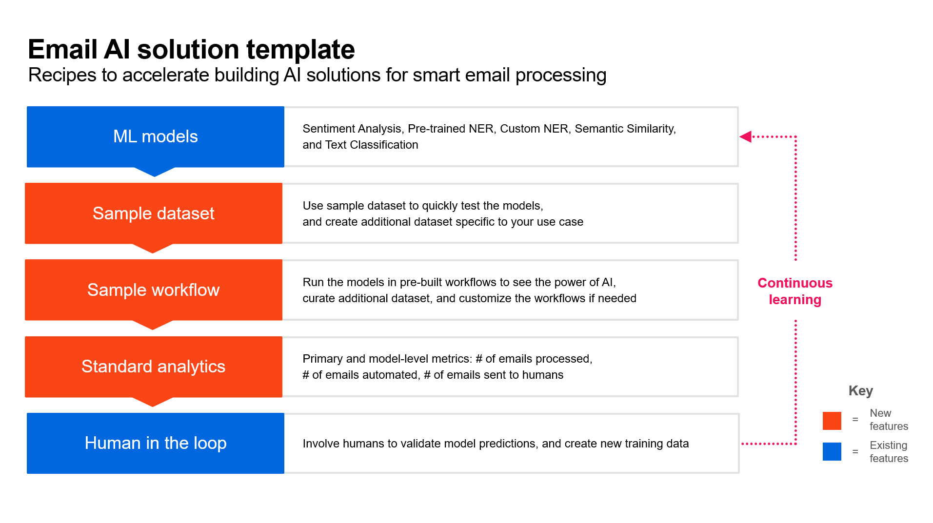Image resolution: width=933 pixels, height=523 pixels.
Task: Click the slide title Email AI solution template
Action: (191, 49)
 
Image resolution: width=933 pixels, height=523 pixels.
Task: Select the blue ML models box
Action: (156, 137)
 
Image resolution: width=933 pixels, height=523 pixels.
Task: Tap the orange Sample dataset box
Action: (154, 213)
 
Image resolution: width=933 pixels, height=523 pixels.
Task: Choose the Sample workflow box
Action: (154, 290)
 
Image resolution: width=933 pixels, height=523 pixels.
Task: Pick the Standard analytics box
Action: (154, 367)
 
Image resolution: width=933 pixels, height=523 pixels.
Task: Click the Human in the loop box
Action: (156, 443)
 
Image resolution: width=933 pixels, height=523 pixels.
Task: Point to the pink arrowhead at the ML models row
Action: (745, 136)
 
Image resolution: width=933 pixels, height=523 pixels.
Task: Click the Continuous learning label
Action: (795, 291)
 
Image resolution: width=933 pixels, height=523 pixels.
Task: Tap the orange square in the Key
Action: (832, 421)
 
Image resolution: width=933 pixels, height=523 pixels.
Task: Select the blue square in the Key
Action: (832, 451)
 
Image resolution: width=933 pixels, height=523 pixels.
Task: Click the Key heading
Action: (861, 391)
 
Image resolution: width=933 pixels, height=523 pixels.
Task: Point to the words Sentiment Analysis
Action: (352, 129)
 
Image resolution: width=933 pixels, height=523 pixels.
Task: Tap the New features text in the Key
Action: (889, 420)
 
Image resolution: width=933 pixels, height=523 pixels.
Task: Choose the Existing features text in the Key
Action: (889, 452)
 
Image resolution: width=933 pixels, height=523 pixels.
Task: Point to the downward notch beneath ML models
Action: (155, 172)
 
